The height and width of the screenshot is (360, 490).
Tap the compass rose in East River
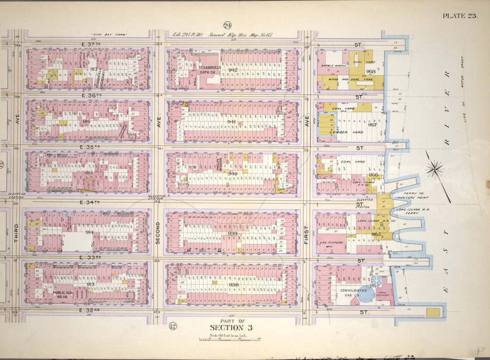(435, 169)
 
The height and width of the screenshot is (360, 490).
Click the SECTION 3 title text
(231, 327)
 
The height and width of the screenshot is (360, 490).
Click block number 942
(234, 70)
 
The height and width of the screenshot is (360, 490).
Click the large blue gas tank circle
(367, 293)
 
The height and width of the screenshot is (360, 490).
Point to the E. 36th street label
(90, 96)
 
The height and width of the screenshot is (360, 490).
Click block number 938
(234, 285)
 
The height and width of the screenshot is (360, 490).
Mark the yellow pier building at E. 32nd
(433, 312)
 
